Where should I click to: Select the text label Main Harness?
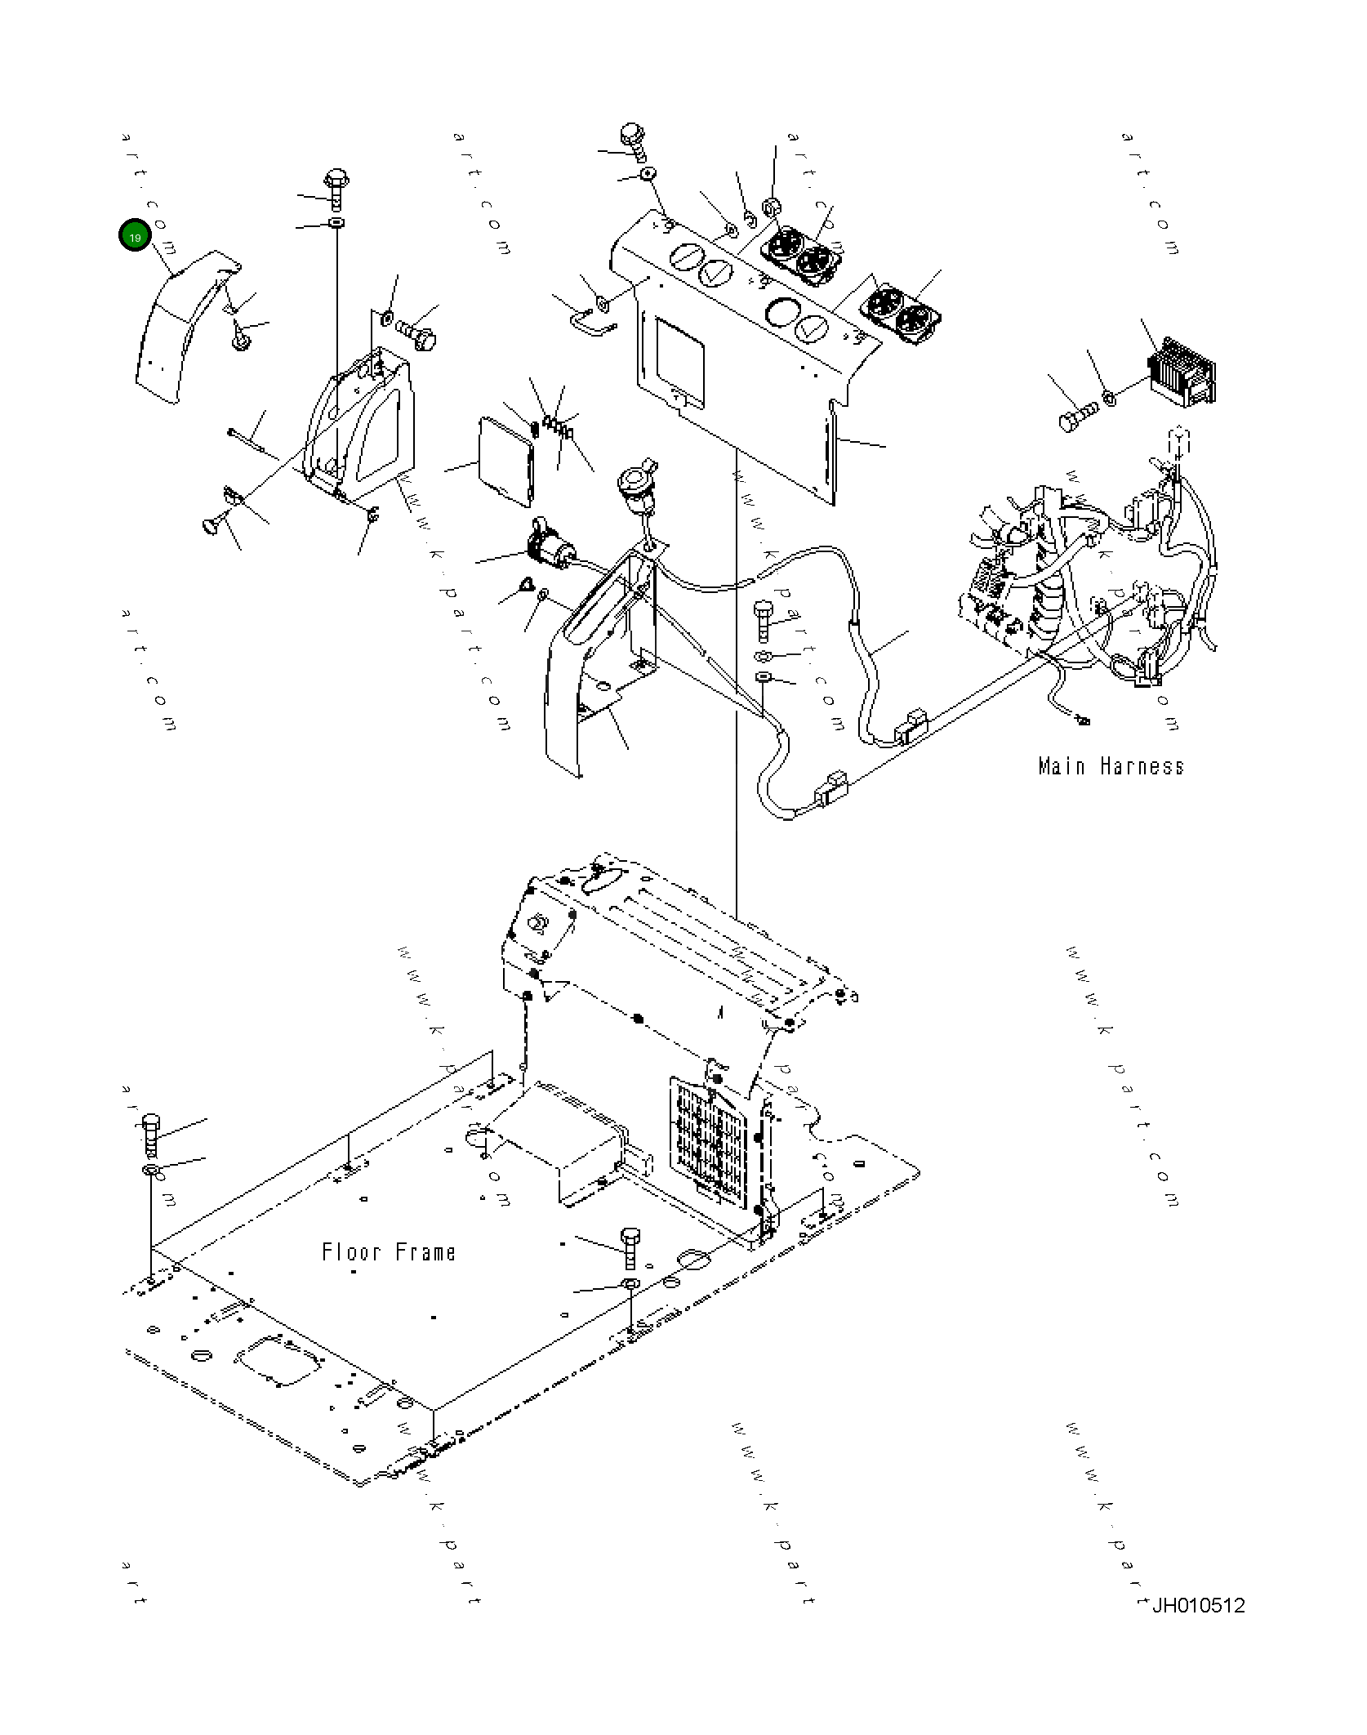1111,766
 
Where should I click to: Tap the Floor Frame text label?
389,1252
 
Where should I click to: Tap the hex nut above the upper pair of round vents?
771,207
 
